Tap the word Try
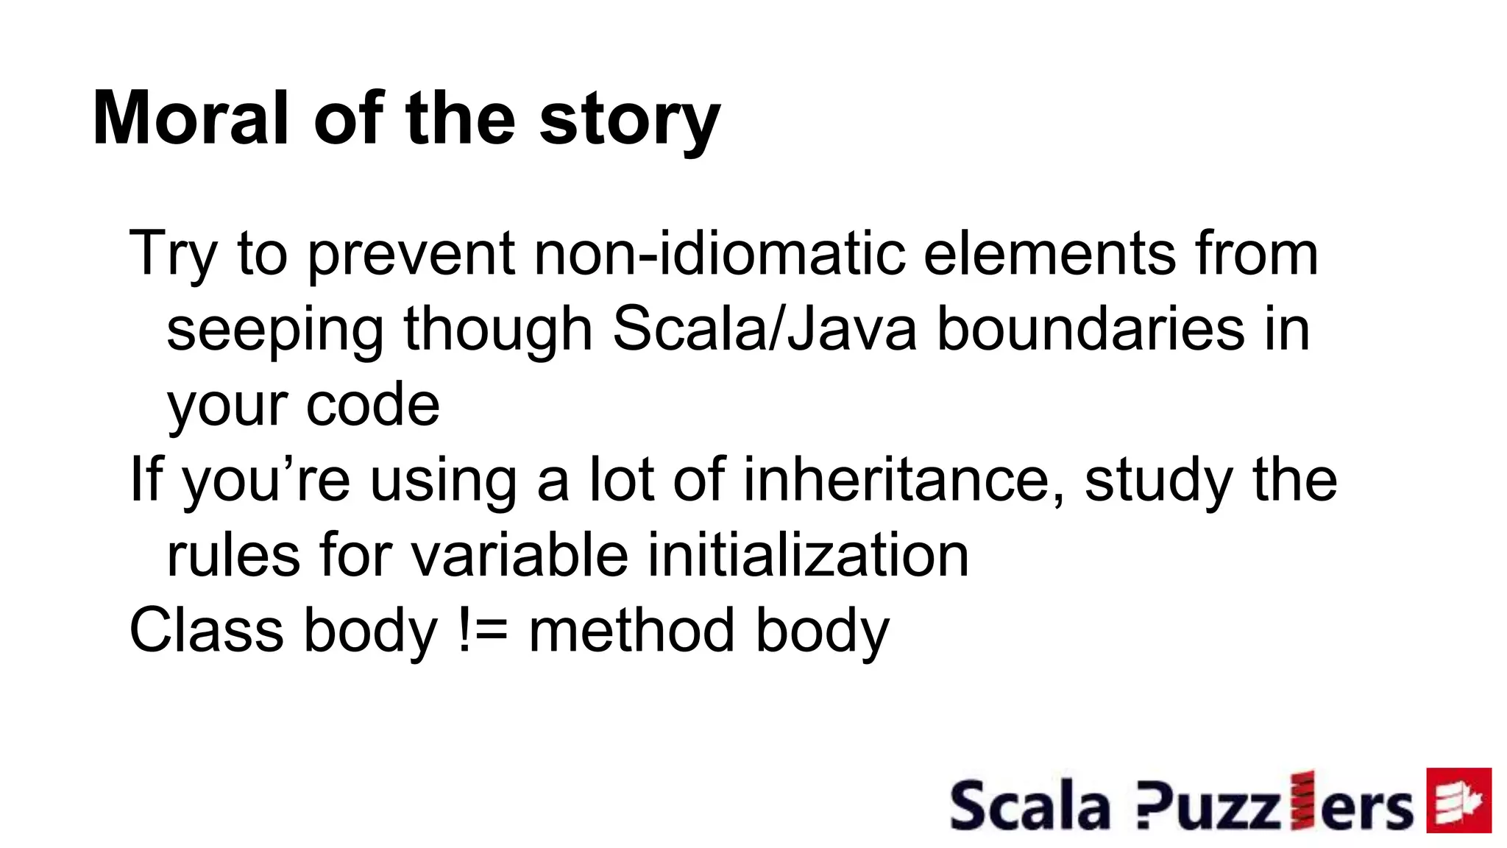coord(174,254)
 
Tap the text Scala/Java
coord(765,330)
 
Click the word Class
coord(206,632)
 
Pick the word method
coord(631,632)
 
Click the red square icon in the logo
coord(1458,800)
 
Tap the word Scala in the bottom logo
coord(1029,806)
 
